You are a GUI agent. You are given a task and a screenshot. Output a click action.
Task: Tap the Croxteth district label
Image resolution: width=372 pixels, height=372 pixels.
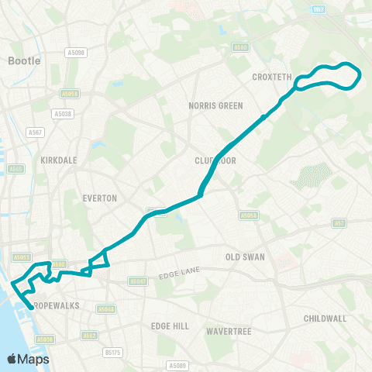pos(271,77)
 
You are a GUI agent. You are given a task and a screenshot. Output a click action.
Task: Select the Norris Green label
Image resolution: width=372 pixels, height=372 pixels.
pos(215,105)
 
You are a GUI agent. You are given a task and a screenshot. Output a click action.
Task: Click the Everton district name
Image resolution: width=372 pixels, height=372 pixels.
pos(99,198)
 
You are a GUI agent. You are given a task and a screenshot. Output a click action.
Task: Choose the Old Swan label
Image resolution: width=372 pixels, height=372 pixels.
pos(245,257)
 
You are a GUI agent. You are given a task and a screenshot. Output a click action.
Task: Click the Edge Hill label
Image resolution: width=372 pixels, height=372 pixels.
pos(170,326)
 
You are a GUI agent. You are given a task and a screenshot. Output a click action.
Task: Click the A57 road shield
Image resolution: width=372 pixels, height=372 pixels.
pos(339,222)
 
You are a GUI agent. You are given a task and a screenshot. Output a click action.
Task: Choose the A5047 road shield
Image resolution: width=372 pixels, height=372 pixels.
pos(137,281)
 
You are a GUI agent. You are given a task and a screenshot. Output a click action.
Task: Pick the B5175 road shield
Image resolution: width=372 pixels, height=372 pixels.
pos(113,353)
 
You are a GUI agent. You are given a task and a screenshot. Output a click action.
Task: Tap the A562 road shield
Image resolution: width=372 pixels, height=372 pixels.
pos(90,336)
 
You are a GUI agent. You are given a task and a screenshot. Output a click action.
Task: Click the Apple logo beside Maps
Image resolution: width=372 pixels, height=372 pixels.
pos(12,359)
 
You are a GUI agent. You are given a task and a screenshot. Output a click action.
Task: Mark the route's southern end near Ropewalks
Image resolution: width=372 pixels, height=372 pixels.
pos(30,308)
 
